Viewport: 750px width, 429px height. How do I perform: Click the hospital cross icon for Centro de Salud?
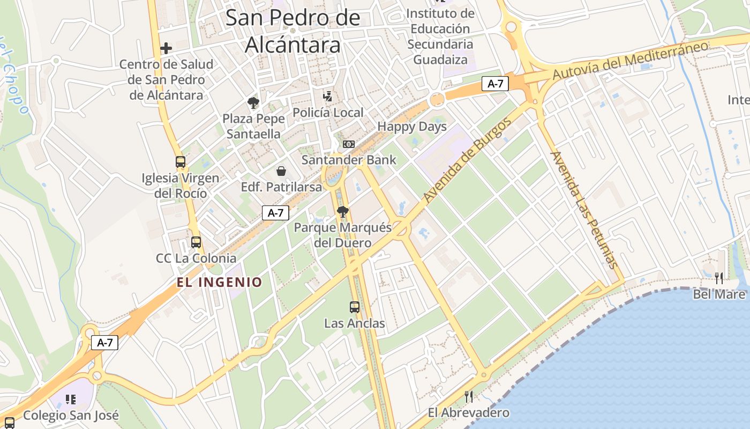click(166, 48)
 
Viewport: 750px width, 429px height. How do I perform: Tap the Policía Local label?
click(328, 113)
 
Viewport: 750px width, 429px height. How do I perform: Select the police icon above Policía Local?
click(328, 97)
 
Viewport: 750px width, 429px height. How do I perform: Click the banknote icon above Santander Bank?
click(349, 144)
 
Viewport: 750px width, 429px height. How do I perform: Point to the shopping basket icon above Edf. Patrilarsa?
click(281, 171)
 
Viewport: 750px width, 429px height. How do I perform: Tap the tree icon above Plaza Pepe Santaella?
click(253, 102)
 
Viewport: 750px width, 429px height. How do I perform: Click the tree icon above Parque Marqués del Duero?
click(343, 211)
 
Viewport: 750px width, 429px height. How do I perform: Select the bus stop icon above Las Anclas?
click(355, 307)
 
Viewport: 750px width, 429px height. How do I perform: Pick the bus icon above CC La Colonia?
click(196, 242)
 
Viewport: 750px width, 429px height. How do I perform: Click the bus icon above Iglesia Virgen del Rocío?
click(181, 162)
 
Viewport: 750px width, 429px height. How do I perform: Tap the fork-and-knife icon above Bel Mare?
click(719, 278)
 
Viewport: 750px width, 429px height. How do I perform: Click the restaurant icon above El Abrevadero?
click(469, 397)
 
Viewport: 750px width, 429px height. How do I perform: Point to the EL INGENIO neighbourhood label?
click(220, 282)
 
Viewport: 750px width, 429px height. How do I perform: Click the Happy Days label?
click(412, 127)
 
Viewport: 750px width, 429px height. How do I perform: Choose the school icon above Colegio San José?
click(70, 400)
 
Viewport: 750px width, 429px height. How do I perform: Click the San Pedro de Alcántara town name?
click(293, 31)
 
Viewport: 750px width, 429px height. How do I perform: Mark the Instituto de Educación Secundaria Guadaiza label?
click(440, 36)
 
